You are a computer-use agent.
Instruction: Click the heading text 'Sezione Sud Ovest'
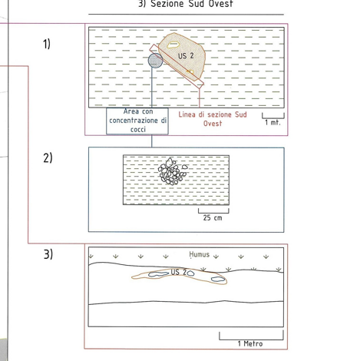192,4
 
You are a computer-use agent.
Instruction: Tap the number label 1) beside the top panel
47,44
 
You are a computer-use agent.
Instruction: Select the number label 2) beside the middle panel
48,157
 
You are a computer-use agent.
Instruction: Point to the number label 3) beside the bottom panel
48,254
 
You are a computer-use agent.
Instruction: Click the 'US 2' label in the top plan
186,56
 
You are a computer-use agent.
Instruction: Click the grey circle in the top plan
155,61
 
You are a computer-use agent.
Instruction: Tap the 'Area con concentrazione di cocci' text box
137,121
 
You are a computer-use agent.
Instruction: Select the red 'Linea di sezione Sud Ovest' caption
213,119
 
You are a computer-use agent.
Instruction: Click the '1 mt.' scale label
272,123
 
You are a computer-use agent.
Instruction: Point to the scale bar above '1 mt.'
273,118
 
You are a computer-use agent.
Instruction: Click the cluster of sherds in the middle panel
172,172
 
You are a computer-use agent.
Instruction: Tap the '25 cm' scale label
213,218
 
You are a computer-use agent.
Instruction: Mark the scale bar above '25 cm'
213,213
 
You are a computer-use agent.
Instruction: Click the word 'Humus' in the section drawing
200,254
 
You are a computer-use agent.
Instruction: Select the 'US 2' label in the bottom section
179,272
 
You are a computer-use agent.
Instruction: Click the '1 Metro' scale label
250,343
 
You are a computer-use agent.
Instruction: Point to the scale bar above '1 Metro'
251,339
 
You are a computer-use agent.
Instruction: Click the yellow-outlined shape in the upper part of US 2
173,45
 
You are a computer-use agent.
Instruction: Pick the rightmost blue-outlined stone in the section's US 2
218,280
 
